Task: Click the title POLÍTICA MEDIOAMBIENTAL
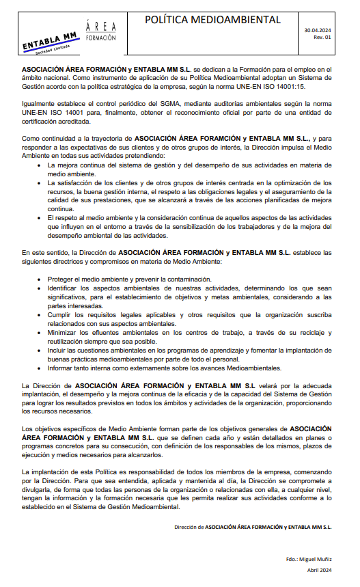212,21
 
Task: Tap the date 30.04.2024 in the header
318,31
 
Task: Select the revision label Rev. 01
322,38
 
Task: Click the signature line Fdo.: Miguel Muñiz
309,559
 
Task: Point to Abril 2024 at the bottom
319,570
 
